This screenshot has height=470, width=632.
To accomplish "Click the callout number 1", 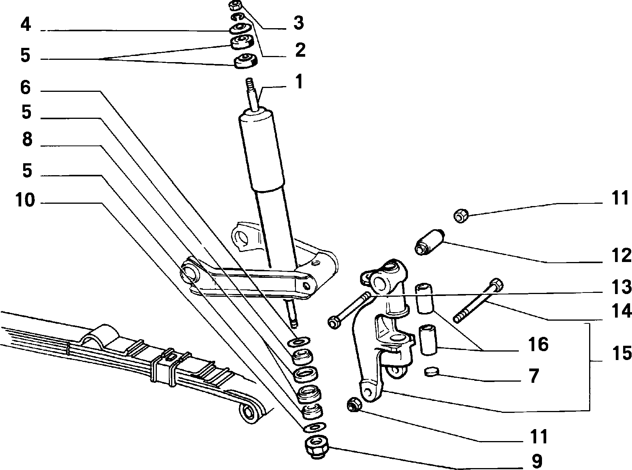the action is (299, 81).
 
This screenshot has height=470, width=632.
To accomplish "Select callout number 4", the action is (25, 24).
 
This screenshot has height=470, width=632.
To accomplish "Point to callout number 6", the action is (25, 87).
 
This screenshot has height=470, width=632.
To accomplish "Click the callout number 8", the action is (27, 139).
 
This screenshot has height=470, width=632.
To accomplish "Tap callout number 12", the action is (621, 255).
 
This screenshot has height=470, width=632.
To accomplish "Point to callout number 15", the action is (621, 353).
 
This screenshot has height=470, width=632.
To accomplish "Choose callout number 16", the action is (538, 344).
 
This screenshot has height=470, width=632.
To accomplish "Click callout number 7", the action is (534, 375).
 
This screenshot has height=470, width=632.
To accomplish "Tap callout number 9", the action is (537, 461).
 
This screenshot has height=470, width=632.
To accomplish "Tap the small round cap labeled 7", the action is (432, 371).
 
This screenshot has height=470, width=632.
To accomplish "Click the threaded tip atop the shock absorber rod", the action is (250, 83).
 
